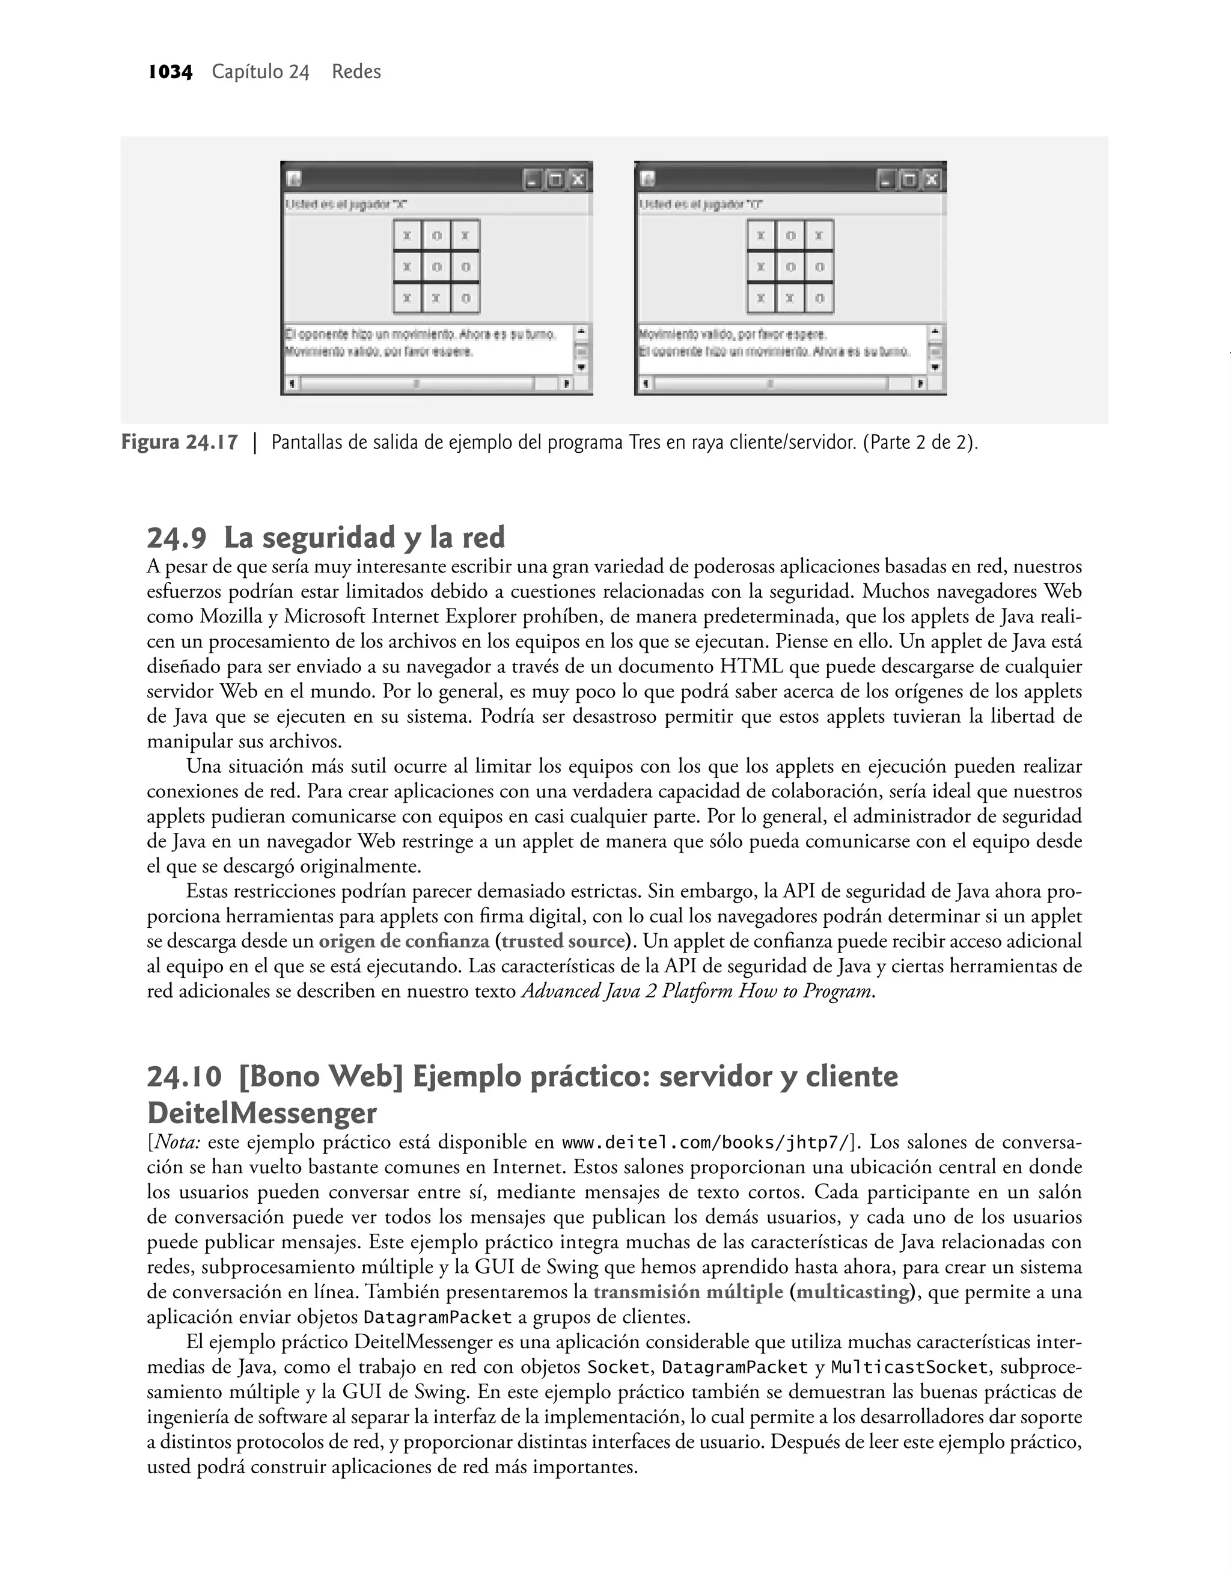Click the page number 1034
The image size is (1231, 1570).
coord(170,72)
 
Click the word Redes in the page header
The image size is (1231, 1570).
coord(356,72)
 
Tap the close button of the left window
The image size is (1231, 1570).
coord(578,180)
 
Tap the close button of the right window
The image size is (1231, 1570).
coord(932,180)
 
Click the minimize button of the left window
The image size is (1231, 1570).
coord(532,180)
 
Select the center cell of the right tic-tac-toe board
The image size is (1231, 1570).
coord(790,268)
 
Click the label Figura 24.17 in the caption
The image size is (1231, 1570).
coord(180,442)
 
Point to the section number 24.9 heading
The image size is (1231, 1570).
coord(177,538)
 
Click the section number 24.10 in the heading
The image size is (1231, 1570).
coord(184,1077)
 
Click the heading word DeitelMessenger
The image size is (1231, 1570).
coord(261,1114)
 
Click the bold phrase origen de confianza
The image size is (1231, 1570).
coord(403,942)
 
